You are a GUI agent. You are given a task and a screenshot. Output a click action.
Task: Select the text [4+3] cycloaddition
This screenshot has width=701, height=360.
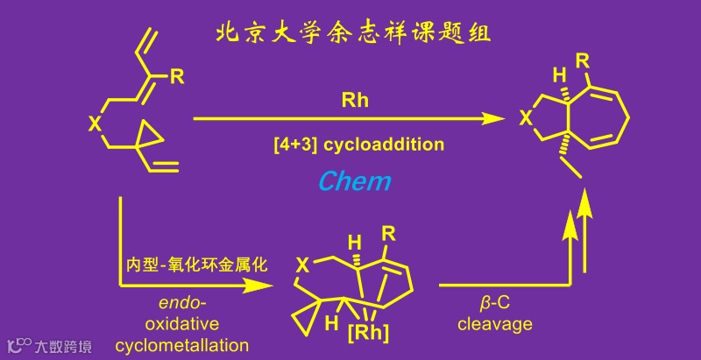point(353,143)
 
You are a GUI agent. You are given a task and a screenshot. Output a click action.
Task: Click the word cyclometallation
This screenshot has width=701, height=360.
point(181,346)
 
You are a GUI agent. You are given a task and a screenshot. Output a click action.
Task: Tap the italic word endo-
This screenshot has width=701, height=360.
point(181,304)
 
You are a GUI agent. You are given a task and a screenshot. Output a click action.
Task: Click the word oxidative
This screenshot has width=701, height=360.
point(181,325)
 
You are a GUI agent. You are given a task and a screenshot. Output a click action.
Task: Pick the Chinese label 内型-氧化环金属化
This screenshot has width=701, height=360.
point(195,263)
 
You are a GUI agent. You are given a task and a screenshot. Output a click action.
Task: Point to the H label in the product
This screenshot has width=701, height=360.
point(554,73)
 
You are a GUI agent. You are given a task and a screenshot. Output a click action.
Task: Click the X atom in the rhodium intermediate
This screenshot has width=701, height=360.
point(302,264)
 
